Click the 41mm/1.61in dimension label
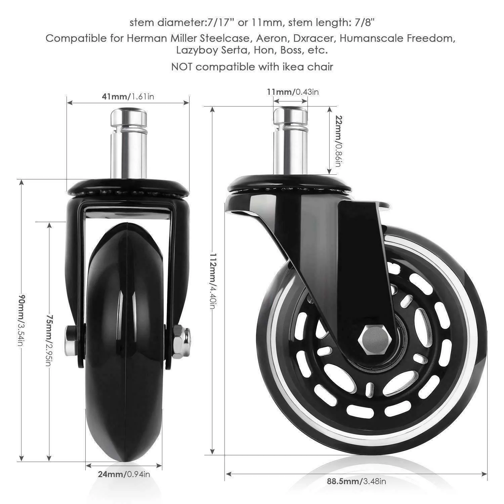pos(128,97)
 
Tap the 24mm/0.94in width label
pos(124,474)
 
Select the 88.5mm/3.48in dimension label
pos(356,481)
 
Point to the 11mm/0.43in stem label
pos(293,91)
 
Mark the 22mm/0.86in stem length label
pos(338,141)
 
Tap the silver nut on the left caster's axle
pos(182,340)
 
